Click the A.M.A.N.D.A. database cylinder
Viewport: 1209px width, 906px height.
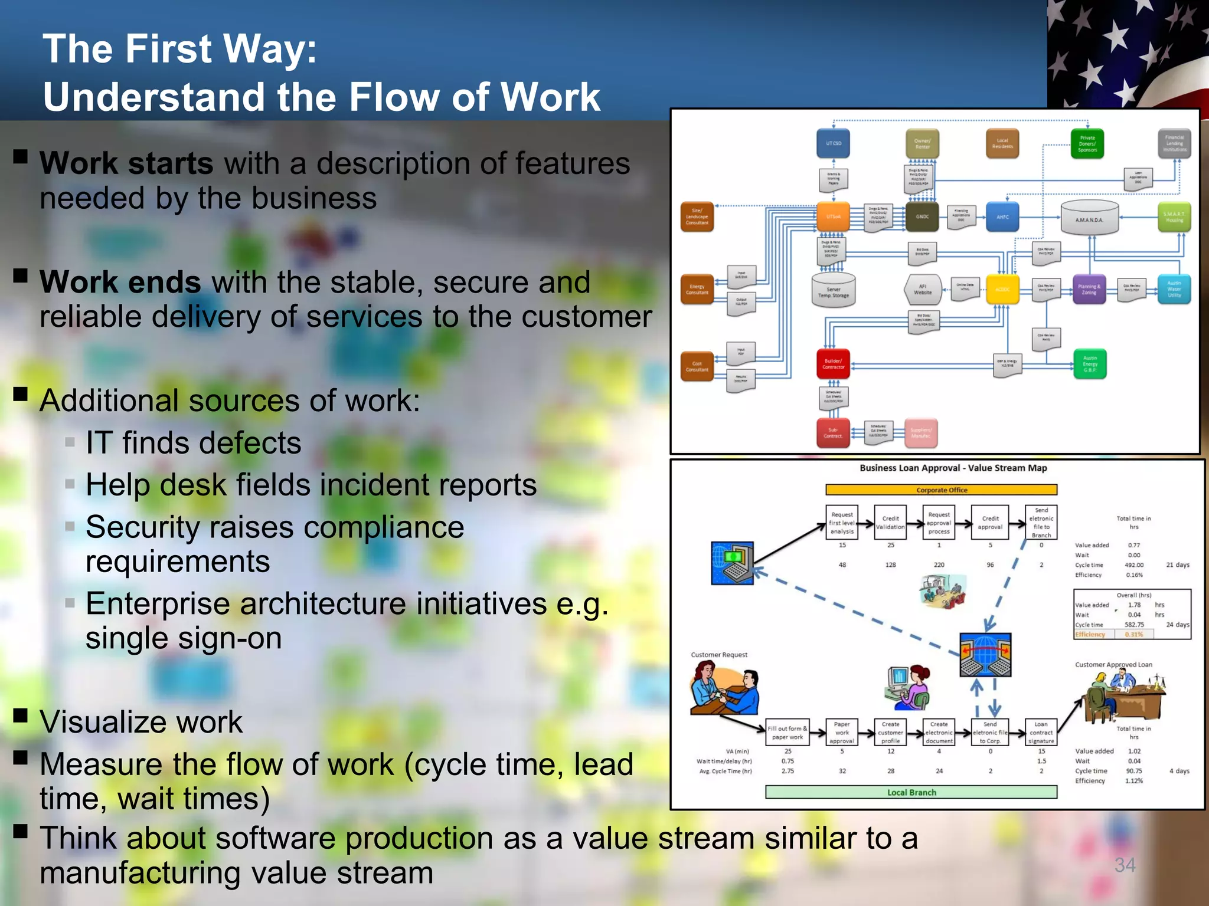coord(1089,219)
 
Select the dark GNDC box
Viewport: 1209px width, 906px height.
coord(922,216)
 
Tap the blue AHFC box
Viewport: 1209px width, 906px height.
coord(1002,217)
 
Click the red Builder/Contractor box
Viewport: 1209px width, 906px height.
coord(833,364)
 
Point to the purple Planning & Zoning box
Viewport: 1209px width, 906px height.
coord(1089,290)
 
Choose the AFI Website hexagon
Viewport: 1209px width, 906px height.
coord(922,290)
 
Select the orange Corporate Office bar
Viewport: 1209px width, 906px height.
coord(941,490)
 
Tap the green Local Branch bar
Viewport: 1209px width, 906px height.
coord(911,792)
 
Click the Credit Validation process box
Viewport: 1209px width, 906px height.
coord(890,523)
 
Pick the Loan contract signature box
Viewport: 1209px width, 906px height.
coord(1041,733)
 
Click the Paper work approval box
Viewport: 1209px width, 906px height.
coord(842,733)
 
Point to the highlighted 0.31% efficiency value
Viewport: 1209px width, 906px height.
coord(1133,635)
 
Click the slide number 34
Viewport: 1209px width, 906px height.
coord(1125,865)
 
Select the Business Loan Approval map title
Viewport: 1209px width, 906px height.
coord(953,468)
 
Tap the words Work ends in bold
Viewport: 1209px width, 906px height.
coord(120,282)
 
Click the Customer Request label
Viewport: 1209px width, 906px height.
coord(719,655)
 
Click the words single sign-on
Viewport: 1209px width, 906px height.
coord(184,638)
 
